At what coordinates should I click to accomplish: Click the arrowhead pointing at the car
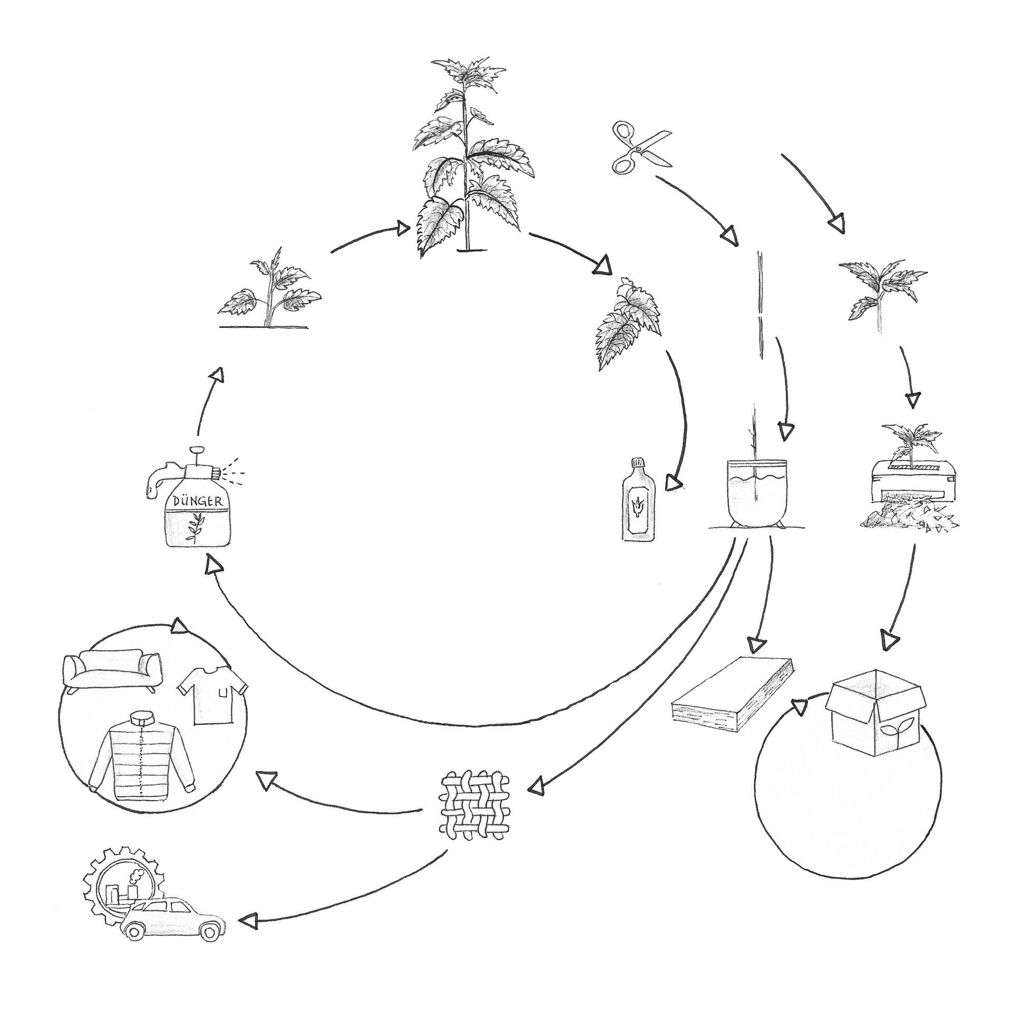coord(248,936)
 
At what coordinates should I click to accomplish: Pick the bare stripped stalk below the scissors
coord(760,306)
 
